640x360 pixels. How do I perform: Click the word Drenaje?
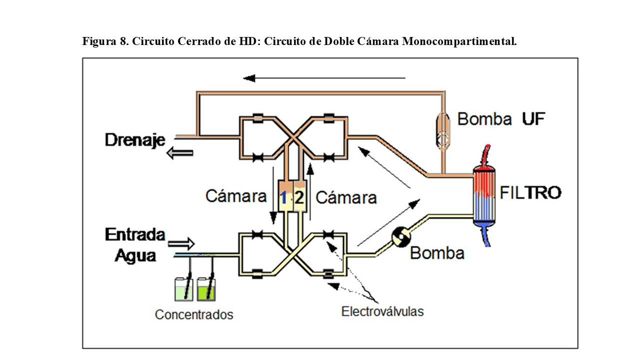click(x=135, y=139)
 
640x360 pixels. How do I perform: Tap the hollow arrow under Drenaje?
click(x=179, y=154)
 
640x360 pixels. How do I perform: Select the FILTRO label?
click(x=530, y=192)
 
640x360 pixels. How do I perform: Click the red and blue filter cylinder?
click(x=485, y=196)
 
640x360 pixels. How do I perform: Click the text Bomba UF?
click(x=500, y=119)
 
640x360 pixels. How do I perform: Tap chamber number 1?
click(x=283, y=197)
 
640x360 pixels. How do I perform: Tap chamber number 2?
click(x=298, y=197)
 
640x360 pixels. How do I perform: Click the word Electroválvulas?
click(x=382, y=311)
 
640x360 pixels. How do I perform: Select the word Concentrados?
click(x=194, y=314)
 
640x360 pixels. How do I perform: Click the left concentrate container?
click(x=183, y=289)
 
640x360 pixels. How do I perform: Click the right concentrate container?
click(x=206, y=289)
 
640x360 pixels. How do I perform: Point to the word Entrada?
click(x=135, y=234)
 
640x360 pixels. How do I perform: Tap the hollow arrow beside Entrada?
click(x=181, y=244)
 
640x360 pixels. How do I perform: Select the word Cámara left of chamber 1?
click(x=236, y=196)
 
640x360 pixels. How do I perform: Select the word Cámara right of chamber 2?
click(x=346, y=197)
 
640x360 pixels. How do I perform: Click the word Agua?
click(x=135, y=255)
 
